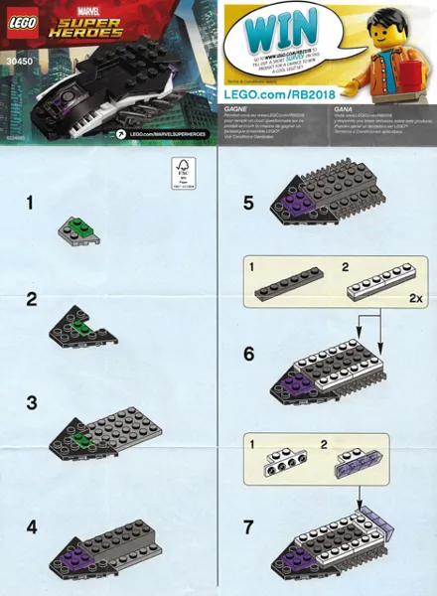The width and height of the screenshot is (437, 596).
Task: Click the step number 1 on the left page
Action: point(31,203)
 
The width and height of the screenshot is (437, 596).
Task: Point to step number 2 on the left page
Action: point(32,299)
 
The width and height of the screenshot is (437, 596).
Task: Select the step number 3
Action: point(32,403)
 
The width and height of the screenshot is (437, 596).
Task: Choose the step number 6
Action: point(247,353)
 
